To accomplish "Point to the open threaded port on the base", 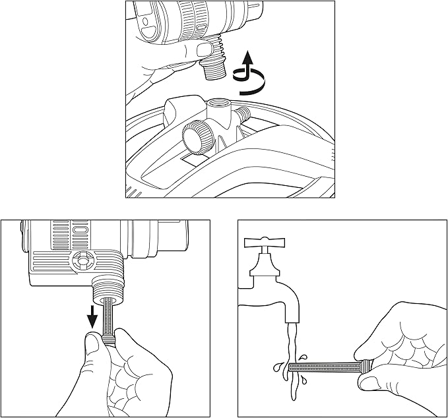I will click(218, 104).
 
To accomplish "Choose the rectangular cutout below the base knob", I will click(193, 160).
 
